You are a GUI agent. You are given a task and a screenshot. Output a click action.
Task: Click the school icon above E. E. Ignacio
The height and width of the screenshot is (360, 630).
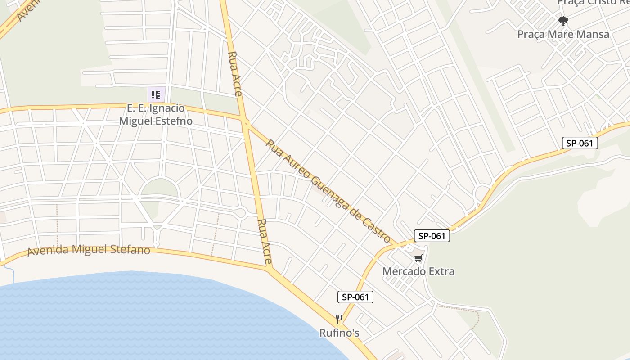155,94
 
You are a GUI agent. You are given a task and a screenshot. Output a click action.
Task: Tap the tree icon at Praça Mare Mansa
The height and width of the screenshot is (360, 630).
563,21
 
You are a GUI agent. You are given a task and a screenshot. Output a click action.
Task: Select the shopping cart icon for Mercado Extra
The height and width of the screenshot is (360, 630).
418,258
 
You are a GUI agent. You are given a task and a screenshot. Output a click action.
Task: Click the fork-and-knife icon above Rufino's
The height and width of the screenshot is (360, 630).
339,319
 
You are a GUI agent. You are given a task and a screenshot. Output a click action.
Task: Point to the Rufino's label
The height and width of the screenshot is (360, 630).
339,333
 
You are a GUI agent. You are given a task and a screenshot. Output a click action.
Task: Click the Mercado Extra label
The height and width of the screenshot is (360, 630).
418,271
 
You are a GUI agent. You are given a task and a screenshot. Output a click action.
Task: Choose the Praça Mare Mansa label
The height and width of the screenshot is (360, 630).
563,34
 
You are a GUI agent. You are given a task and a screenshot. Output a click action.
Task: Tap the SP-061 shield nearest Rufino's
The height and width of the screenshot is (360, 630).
355,297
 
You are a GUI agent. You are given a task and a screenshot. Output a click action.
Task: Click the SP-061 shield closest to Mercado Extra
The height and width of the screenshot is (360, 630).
432,236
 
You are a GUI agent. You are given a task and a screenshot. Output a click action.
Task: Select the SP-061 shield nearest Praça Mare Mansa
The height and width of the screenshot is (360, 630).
580,144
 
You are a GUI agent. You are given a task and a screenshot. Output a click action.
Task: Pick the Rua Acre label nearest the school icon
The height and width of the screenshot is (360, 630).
235,74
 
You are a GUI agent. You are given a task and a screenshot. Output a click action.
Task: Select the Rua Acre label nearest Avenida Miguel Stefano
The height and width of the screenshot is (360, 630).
265,241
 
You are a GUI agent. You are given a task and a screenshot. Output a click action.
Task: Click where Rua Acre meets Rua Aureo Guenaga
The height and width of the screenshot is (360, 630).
246,121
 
